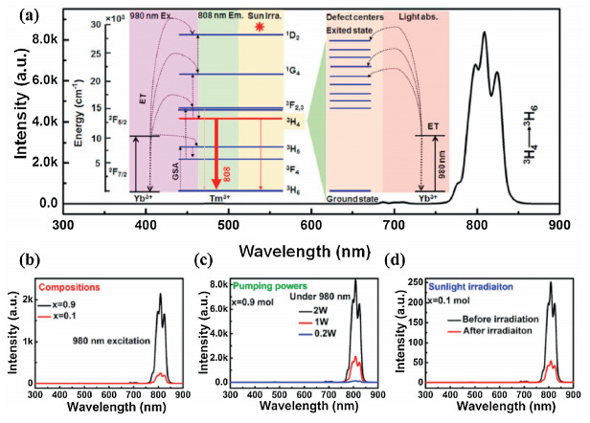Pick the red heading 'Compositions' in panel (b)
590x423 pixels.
(x=66, y=286)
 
